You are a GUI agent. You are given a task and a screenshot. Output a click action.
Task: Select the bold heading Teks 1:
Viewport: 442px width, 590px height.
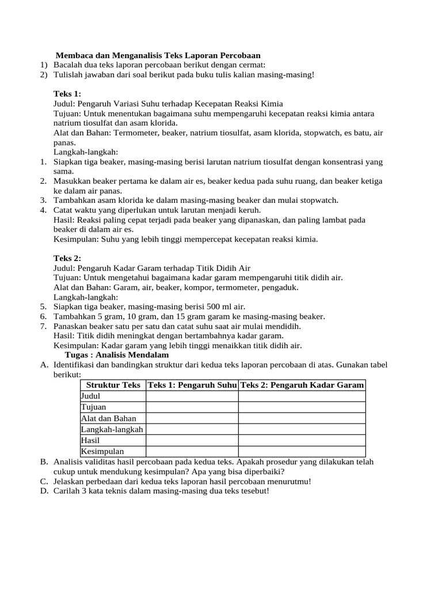pyautogui.click(x=67, y=93)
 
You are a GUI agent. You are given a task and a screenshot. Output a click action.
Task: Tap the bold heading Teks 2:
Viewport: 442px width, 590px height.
pyautogui.click(x=67, y=258)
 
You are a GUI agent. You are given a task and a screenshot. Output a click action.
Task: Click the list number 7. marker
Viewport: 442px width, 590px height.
pyautogui.click(x=43, y=326)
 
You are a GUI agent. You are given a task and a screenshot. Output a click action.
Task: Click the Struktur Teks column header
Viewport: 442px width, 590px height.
pyautogui.click(x=113, y=385)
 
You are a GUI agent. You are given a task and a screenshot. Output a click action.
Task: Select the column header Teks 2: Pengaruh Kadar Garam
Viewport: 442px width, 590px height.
pyautogui.click(x=302, y=385)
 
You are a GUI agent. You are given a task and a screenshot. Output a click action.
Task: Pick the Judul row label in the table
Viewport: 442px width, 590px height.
pyautogui.click(x=90, y=396)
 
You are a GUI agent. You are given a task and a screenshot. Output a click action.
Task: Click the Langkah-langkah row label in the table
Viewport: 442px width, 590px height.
pyautogui.click(x=112, y=429)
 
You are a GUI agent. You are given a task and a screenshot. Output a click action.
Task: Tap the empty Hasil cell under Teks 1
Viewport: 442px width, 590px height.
pyautogui.click(x=192, y=440)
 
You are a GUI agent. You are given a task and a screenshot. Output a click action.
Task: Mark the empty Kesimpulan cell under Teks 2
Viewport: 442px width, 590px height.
pyautogui.click(x=302, y=451)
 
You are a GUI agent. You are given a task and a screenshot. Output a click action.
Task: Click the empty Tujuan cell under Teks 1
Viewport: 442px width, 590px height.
pyautogui.click(x=192, y=407)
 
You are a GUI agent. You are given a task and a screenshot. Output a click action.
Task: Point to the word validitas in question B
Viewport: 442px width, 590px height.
pyautogui.click(x=101, y=462)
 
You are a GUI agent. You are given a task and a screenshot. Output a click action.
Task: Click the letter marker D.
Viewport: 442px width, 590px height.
pyautogui.click(x=44, y=490)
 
